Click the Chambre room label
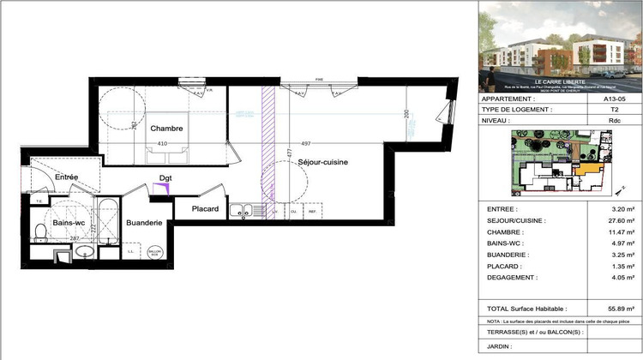pyautogui.click(x=167, y=129)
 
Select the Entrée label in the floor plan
pyautogui.click(x=67, y=177)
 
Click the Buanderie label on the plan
pyautogui.click(x=144, y=223)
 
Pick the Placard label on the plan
pyautogui.click(x=205, y=209)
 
